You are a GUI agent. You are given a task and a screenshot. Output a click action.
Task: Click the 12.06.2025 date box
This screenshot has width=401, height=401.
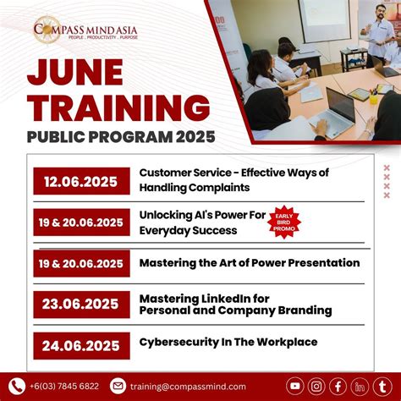pos(81,181)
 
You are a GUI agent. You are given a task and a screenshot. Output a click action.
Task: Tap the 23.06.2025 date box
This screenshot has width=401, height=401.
pos(81,305)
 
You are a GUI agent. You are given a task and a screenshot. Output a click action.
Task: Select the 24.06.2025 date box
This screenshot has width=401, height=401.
pos(81,345)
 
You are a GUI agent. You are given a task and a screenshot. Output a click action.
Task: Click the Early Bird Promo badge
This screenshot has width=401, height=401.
pos(284,222)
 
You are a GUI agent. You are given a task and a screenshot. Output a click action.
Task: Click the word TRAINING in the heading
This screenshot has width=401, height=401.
pos(118,107)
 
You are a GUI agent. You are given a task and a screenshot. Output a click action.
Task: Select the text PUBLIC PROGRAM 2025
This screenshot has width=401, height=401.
pos(120,136)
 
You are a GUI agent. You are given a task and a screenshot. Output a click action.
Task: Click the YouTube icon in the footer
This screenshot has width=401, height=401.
pos(295,386)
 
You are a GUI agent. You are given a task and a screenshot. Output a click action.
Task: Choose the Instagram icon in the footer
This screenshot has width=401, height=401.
pos(316,386)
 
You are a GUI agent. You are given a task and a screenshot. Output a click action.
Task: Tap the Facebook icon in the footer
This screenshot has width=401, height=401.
pos(338,386)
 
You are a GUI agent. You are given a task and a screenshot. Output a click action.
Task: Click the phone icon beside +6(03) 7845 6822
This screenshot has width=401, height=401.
pos(15,386)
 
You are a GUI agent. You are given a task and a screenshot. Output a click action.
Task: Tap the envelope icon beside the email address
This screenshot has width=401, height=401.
pos(118,386)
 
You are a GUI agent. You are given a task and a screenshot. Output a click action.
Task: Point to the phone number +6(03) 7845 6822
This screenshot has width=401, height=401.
pos(63,387)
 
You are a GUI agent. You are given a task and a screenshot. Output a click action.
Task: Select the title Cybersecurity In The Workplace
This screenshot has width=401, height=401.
pos(228,343)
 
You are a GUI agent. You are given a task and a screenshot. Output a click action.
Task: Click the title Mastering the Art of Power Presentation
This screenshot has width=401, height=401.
pos(250,262)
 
